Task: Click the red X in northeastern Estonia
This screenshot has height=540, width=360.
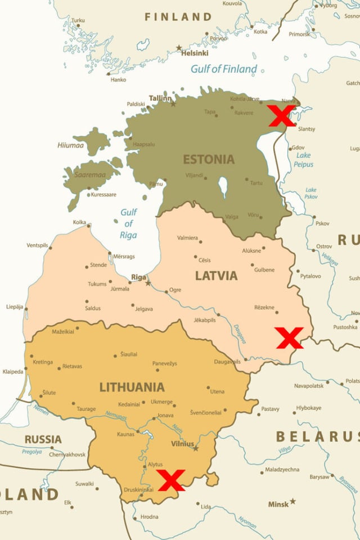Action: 281,115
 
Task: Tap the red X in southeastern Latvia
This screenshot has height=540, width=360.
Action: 290,338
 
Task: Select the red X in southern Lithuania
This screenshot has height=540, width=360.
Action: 171,480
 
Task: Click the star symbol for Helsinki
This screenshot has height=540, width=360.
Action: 179,47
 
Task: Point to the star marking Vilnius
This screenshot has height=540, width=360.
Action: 195,448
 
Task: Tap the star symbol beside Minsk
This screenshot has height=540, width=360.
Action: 292,501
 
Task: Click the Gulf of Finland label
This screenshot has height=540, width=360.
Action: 223,69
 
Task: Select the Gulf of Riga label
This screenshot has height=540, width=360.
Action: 128,224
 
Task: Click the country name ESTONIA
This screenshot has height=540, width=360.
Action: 208,159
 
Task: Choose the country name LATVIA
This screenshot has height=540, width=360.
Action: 216,276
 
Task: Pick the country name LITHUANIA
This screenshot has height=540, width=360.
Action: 132,387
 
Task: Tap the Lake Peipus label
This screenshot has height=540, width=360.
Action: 303,160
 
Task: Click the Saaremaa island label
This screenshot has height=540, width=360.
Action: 89,175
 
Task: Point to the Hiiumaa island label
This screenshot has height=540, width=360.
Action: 70,145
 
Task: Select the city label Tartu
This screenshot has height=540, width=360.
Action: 256,183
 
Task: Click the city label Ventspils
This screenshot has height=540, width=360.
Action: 38,245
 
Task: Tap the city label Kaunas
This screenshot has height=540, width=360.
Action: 125,434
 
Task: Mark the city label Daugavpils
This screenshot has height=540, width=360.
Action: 227,361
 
